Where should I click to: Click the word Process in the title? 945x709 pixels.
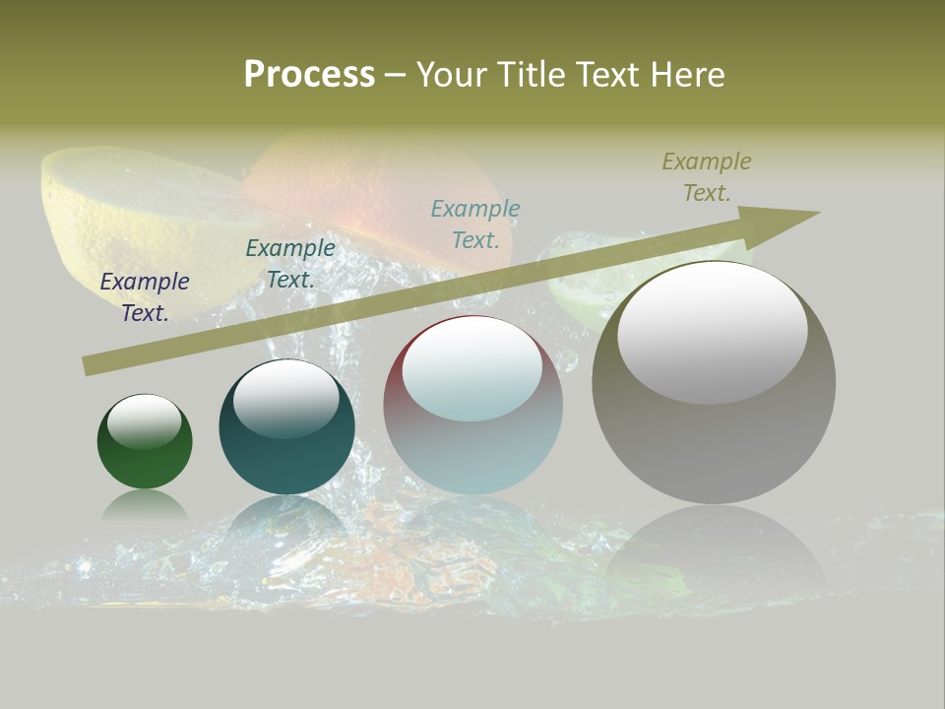pos(309,74)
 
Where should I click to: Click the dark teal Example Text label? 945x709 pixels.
pos(290,264)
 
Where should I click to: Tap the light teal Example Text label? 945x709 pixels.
pos(475,225)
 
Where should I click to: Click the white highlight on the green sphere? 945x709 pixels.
pos(145,420)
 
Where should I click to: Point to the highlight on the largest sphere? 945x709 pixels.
pos(713,330)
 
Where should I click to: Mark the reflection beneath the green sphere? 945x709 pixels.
pos(145,506)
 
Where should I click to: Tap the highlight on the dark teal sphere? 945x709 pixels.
pos(286,397)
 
